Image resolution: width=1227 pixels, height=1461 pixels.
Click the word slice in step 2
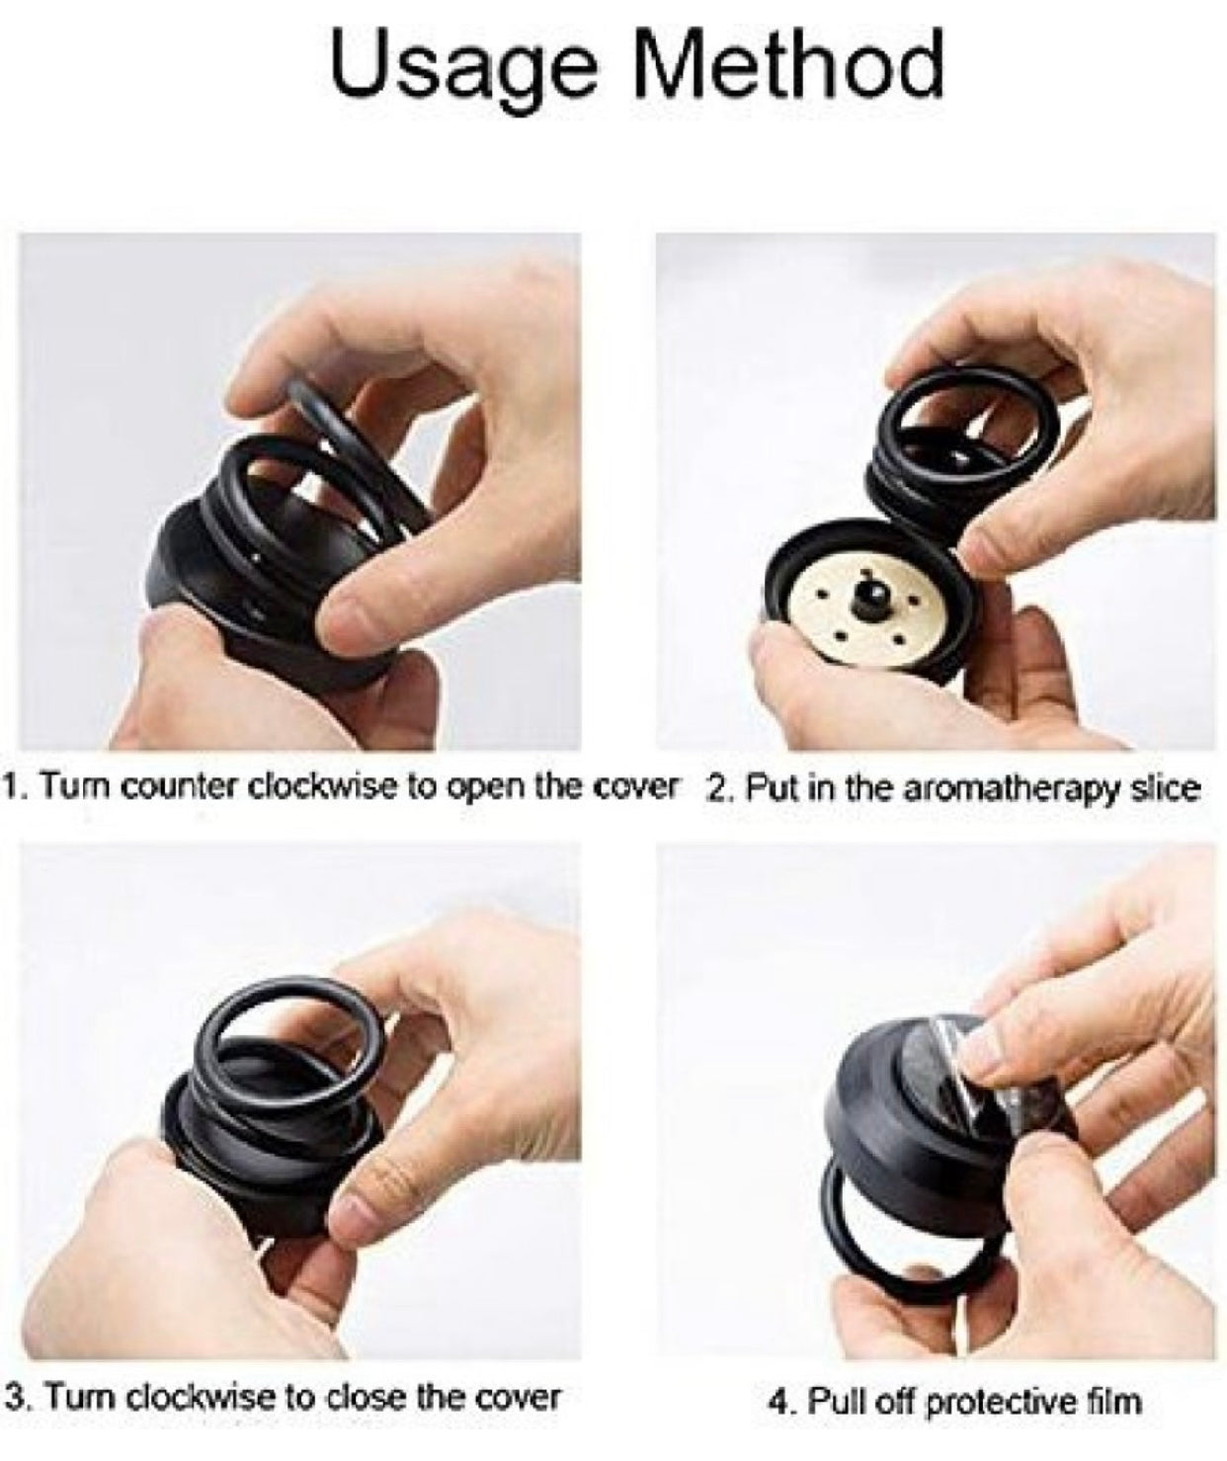(x=1161, y=788)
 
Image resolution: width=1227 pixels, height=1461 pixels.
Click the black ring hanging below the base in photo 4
(x=903, y=1286)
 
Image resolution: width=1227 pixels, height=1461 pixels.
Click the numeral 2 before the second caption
(x=718, y=788)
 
